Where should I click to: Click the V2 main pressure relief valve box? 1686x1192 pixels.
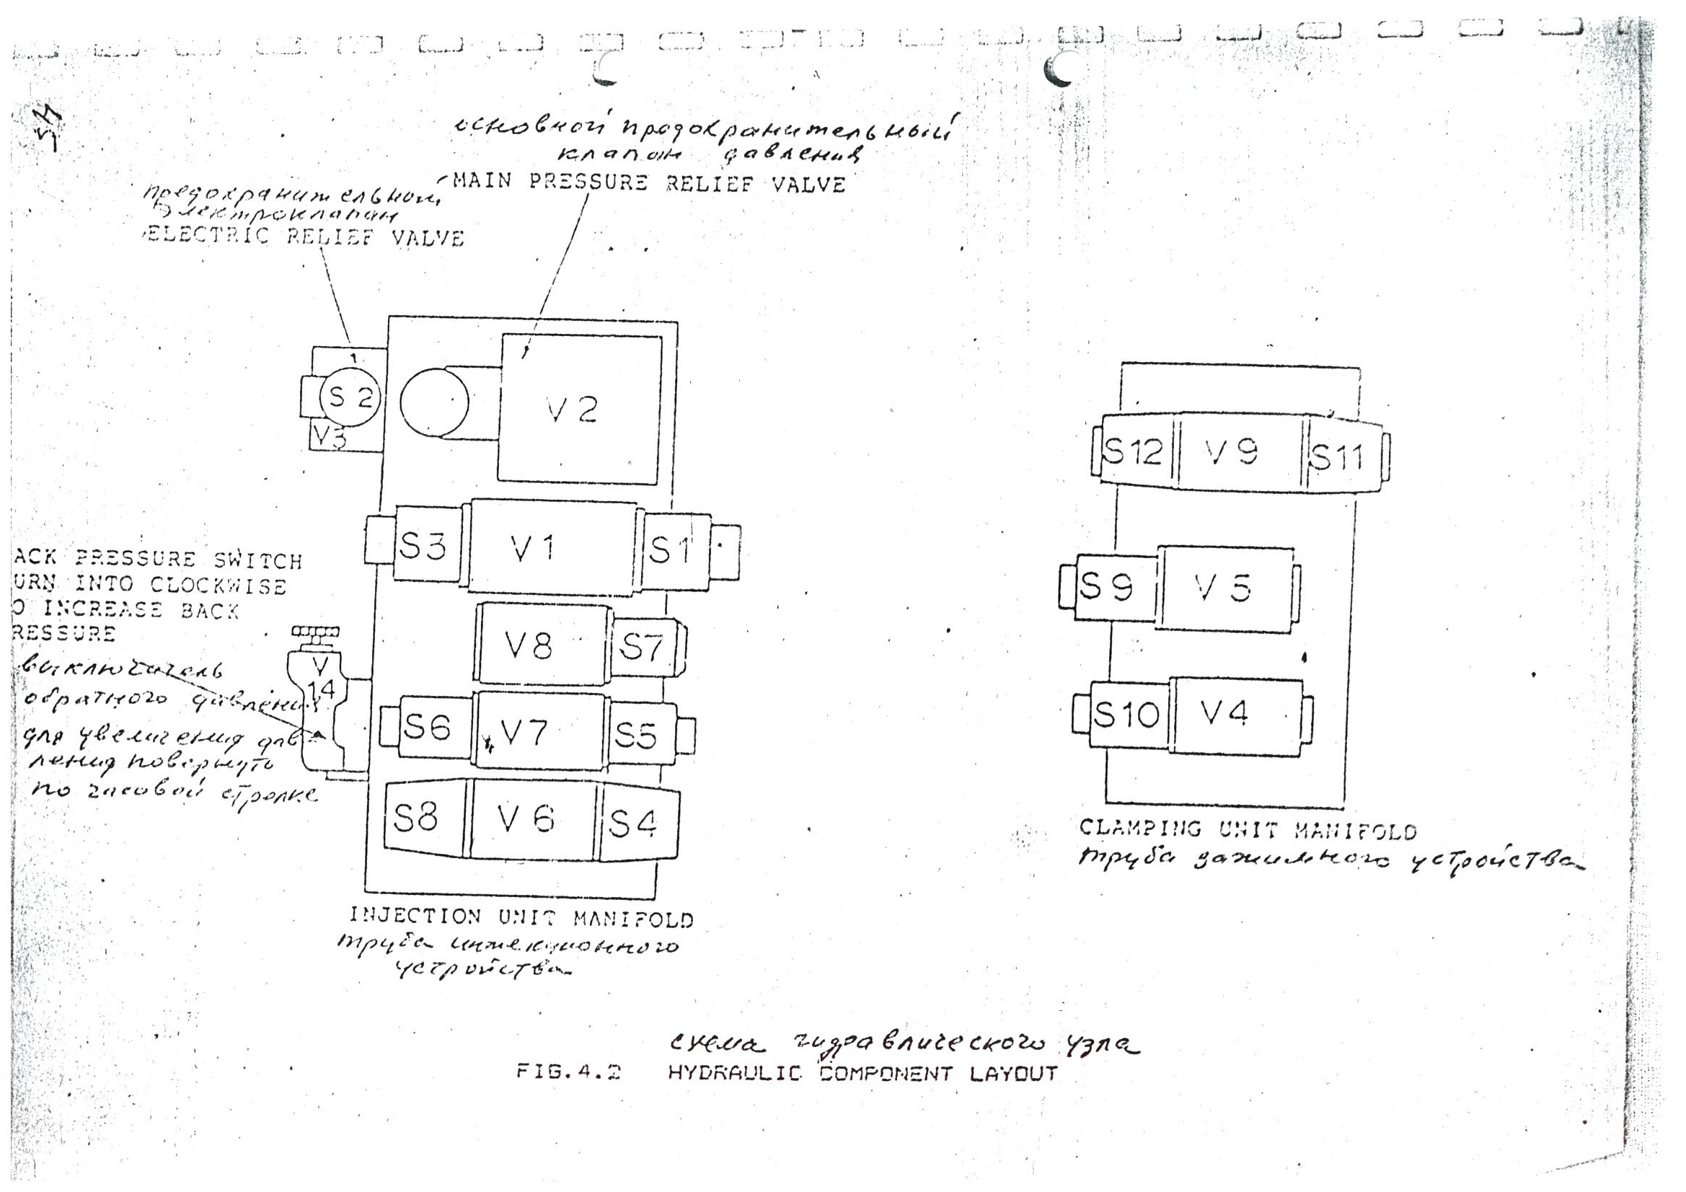(579, 409)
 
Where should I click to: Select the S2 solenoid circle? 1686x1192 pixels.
(350, 397)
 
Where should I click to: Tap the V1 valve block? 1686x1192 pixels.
(552, 547)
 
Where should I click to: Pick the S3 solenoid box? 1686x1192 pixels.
(428, 545)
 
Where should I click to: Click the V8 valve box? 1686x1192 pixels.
(543, 644)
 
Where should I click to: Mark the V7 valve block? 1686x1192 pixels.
(540, 730)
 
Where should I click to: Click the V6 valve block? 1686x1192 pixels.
(531, 818)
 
